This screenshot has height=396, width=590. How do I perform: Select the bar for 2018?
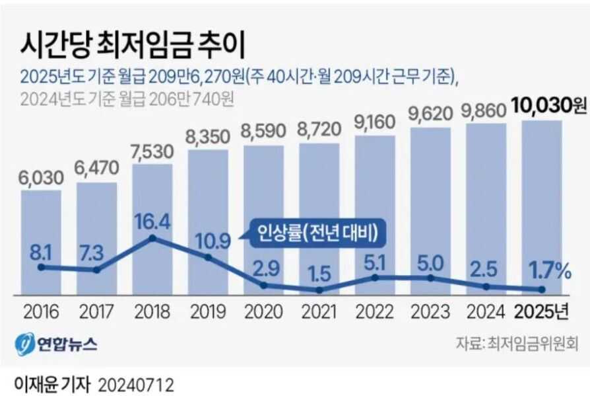tap(152, 198)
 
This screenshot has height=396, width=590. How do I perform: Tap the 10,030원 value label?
tap(548, 105)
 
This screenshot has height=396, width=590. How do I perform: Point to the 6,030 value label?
tap(41, 177)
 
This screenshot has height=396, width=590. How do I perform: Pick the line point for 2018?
tap(152, 238)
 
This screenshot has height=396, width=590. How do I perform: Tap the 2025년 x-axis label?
tap(541, 311)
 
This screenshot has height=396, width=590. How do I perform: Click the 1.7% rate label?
tap(541, 270)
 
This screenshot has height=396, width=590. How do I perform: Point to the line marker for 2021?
tap(319, 290)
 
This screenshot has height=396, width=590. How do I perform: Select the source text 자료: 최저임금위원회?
tap(517, 343)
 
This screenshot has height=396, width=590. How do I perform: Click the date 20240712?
tap(136, 384)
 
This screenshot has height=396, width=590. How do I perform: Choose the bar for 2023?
tap(430, 198)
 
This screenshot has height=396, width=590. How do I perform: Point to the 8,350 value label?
tap(208, 137)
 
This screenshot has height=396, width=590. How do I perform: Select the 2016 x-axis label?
tap(41, 311)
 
